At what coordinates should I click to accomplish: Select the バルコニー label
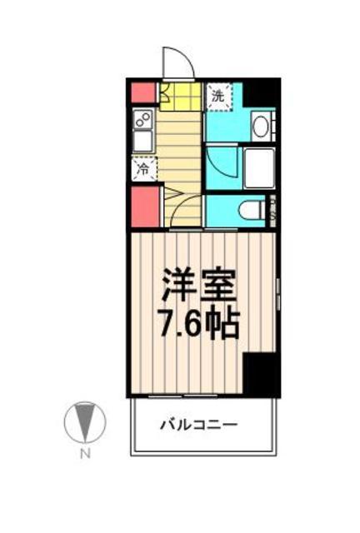(200, 425)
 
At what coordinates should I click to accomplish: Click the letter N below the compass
(83, 454)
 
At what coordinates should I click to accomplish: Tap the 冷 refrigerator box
(142, 169)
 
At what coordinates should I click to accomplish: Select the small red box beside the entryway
(142, 92)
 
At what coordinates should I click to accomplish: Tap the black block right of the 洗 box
(261, 92)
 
